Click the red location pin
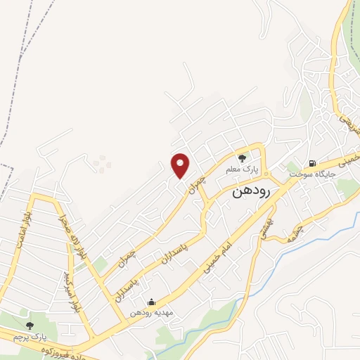pyautogui.click(x=181, y=165)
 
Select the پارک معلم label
pyautogui.click(x=242, y=170)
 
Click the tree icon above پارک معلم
pyautogui.click(x=242, y=158)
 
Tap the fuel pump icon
pyautogui.click(x=309, y=161)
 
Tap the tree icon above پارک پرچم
pyautogui.click(x=30, y=326)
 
